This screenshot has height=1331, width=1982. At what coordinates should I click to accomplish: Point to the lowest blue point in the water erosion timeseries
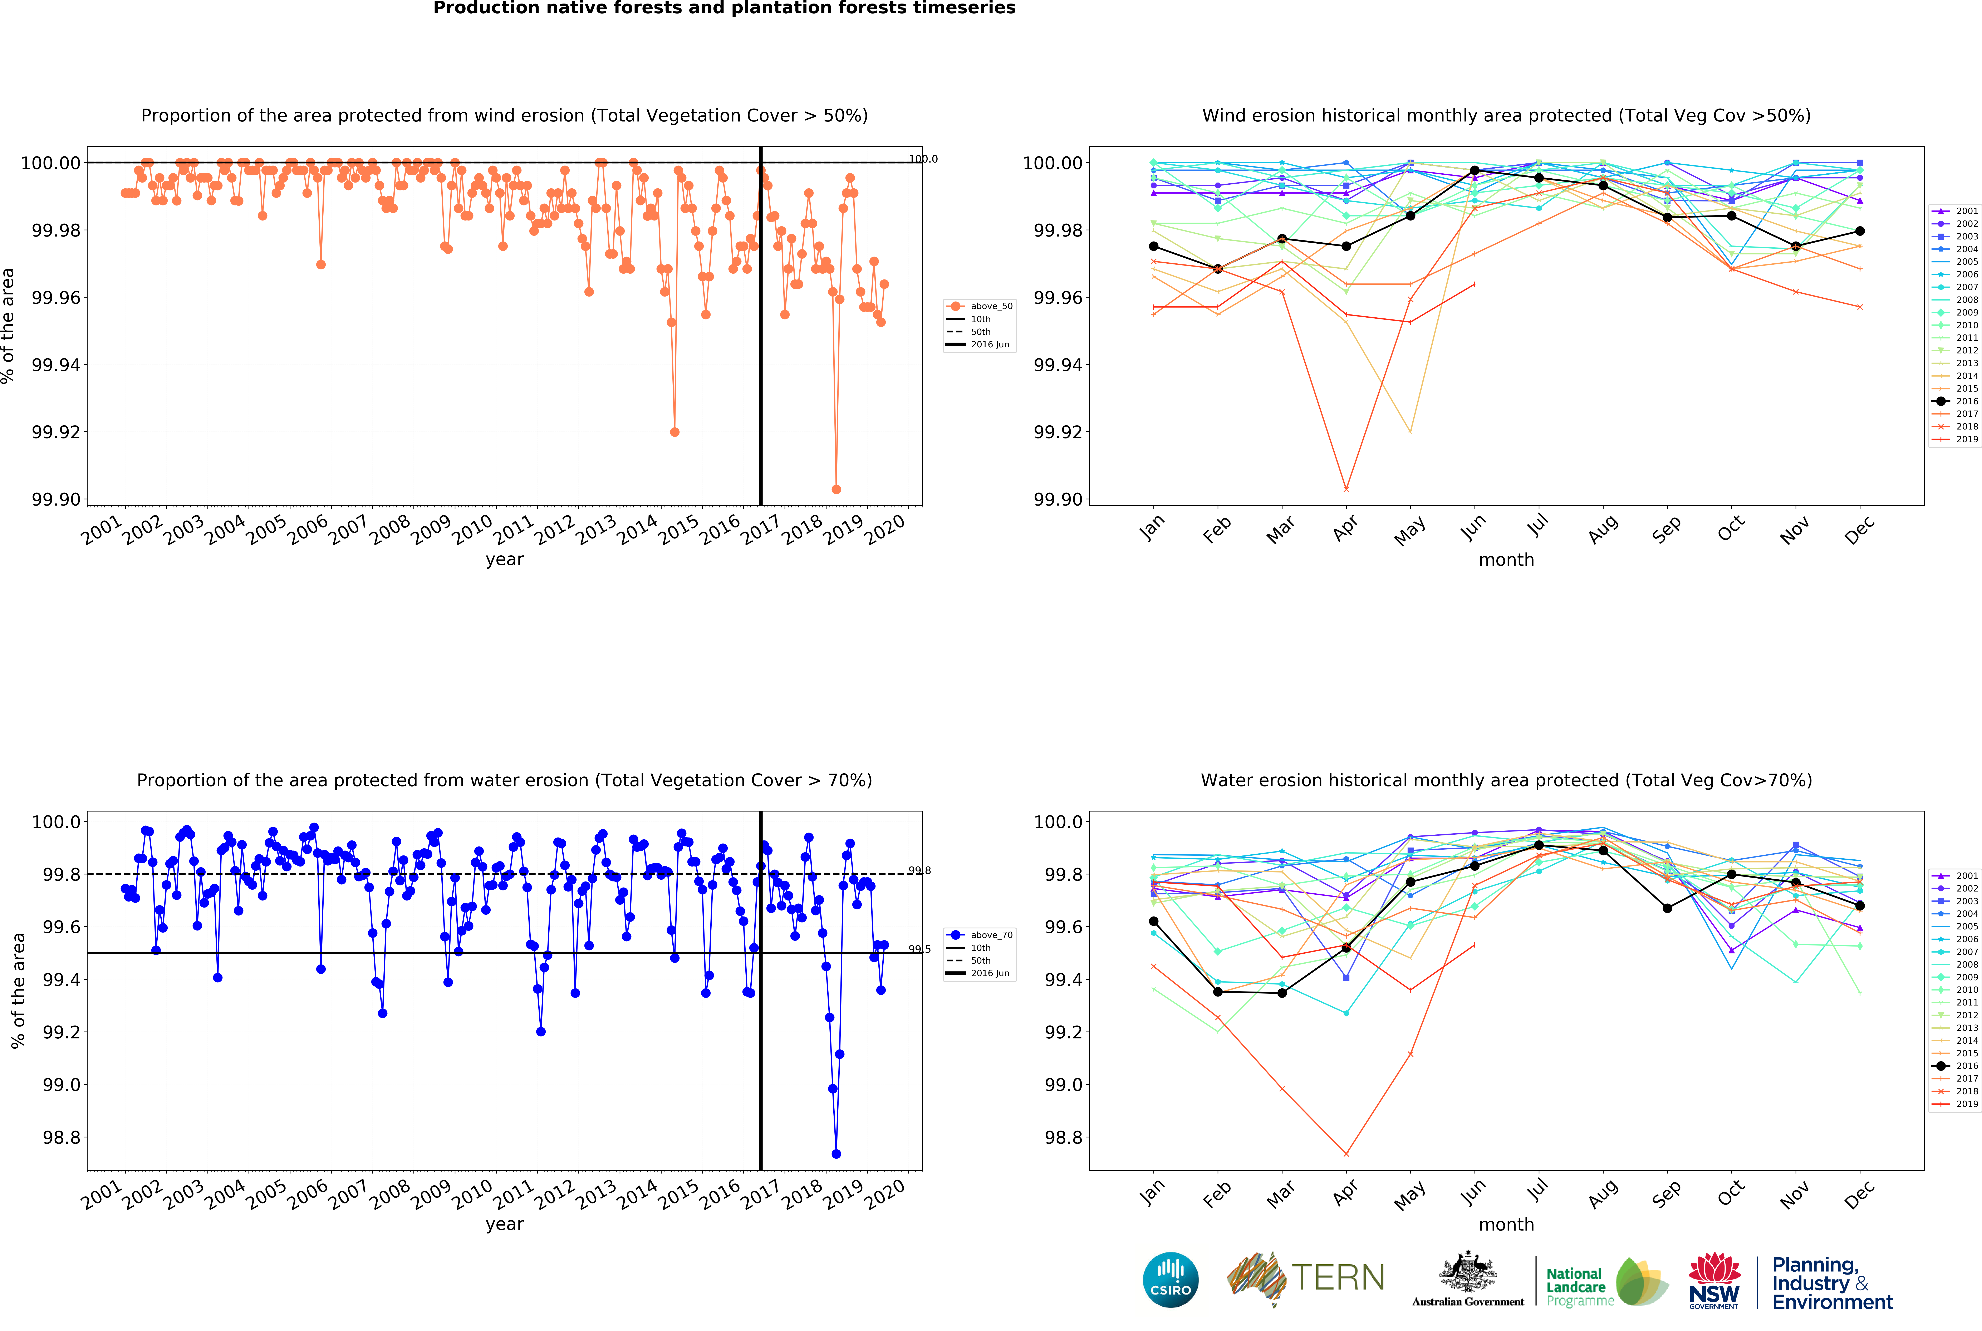[x=837, y=1154]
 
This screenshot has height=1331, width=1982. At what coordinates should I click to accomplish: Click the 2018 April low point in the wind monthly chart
[x=1346, y=489]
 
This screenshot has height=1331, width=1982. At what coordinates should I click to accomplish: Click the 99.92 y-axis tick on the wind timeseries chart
[x=56, y=432]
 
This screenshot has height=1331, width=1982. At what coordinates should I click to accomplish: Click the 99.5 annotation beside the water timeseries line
[x=919, y=949]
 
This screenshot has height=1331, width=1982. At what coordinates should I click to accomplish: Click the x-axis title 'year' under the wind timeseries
[x=504, y=559]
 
